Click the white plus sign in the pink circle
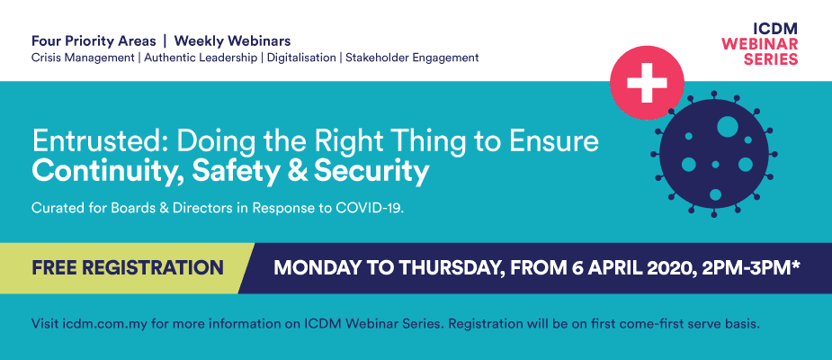tap(647, 82)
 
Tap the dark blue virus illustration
tap(715, 154)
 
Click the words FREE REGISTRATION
tap(128, 267)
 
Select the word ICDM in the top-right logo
tap(775, 29)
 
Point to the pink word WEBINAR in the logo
tap(760, 43)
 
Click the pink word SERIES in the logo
tap(771, 58)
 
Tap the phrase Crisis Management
tap(83, 58)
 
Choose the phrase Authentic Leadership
tap(201, 58)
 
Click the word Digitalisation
tap(301, 58)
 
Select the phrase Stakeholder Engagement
tap(412, 58)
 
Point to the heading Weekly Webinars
tap(232, 40)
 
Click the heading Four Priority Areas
tap(94, 40)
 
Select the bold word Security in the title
tap(371, 172)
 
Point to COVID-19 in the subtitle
tap(370, 209)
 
